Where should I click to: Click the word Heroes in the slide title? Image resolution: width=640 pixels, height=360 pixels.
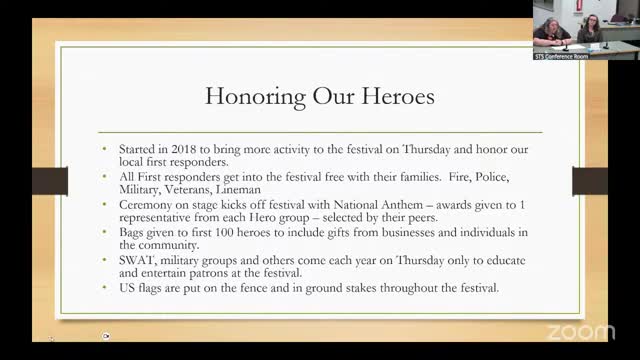[x=398, y=97]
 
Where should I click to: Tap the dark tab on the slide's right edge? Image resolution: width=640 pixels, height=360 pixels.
[x=589, y=181]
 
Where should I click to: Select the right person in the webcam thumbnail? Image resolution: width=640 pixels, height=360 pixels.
[x=590, y=29]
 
